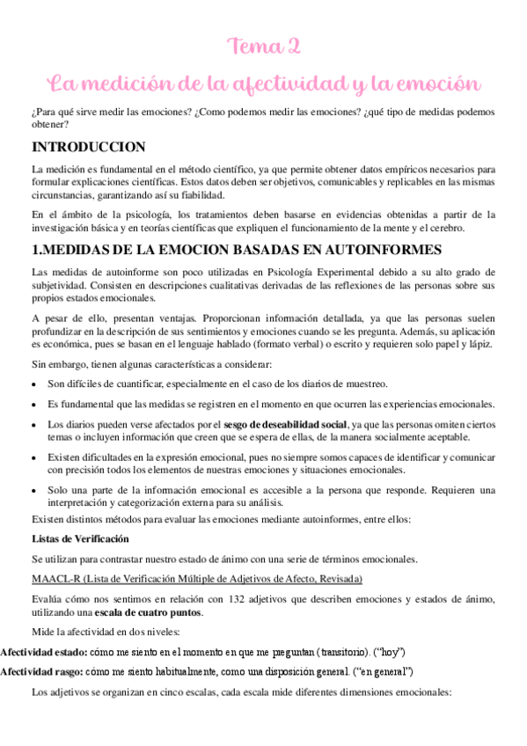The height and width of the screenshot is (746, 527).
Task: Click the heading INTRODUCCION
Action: pos(88,147)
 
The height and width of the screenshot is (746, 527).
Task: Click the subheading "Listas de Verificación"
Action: pos(80,538)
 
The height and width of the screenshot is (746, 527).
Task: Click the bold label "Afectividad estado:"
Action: pos(41,652)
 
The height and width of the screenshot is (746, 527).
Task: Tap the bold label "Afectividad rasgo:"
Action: pos(40,672)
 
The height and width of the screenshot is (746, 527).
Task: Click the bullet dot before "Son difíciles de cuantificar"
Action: pos(33,384)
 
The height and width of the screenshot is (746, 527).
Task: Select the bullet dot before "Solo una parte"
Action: pos(33,490)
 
